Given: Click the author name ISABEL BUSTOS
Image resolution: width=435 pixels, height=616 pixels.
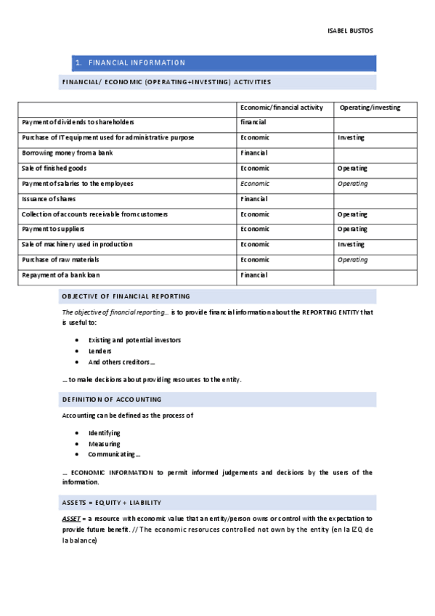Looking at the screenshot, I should (x=351, y=31).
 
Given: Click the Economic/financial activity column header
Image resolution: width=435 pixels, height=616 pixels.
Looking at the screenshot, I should (x=281, y=108).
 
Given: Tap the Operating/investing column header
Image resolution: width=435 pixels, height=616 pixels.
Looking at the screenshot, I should (x=369, y=108).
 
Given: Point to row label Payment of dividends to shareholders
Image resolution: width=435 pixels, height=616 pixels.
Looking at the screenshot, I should (x=78, y=123).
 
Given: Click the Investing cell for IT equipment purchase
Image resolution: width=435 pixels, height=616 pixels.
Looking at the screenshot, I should (x=351, y=138).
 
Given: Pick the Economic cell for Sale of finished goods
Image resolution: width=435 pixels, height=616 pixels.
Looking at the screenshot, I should (x=255, y=169).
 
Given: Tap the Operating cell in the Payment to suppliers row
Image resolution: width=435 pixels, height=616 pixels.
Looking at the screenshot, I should (x=352, y=230).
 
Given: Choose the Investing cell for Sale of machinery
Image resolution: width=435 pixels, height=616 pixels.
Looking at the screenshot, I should (x=351, y=245).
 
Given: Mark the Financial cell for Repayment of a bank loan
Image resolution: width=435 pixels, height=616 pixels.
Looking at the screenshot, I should (x=254, y=275).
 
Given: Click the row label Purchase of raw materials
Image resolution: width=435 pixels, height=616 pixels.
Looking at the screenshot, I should (x=60, y=260).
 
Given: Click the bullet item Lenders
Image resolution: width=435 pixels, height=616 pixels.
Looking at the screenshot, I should (x=99, y=351).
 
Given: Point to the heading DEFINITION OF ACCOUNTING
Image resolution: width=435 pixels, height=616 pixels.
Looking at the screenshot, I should (x=112, y=400).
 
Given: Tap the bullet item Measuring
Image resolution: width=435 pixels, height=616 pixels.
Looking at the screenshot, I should (x=104, y=444).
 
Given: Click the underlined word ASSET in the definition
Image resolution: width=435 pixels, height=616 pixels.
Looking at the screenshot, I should (x=71, y=519).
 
